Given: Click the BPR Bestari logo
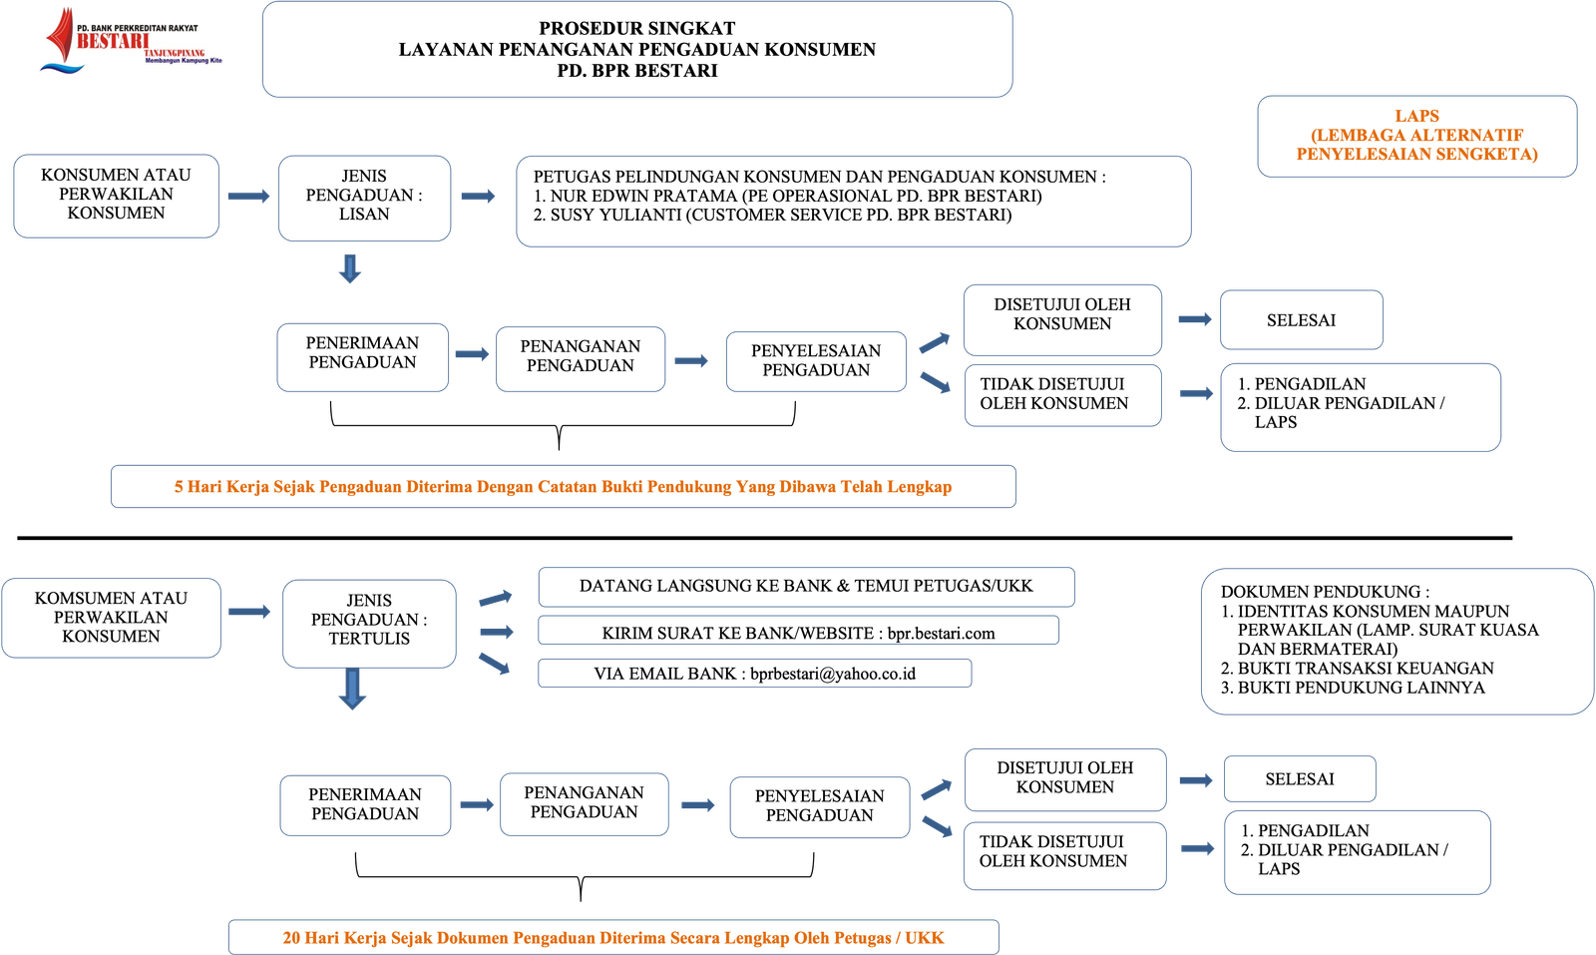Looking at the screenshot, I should [x=130, y=40].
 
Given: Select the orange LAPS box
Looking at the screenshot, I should [x=1416, y=136].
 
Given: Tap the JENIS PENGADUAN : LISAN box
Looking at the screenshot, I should [x=364, y=196].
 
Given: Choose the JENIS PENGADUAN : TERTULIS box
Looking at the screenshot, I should [x=369, y=621].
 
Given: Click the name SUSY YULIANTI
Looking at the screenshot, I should [x=614, y=215].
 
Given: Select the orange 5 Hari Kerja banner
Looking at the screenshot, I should [x=563, y=487].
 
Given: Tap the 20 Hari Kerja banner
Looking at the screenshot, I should [x=612, y=938].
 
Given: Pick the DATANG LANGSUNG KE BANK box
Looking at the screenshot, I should [x=806, y=587].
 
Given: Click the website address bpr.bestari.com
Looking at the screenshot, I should [x=941, y=634].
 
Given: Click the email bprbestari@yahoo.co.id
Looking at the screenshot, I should [x=832, y=674].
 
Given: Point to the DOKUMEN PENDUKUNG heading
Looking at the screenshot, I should [x=1325, y=592].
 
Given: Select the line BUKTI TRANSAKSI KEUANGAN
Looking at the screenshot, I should [x=1366, y=669].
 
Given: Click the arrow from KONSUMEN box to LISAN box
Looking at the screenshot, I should [x=248, y=197].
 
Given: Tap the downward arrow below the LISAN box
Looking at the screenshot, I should [x=349, y=268].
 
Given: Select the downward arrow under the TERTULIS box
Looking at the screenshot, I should [x=351, y=690].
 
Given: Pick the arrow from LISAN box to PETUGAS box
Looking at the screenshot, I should [x=479, y=197].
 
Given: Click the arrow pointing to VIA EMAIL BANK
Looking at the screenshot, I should [x=495, y=664].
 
